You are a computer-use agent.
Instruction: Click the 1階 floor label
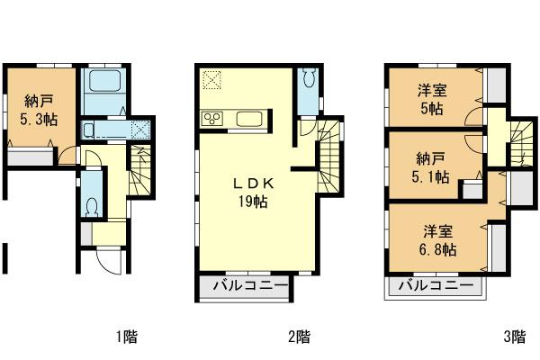click(x=126, y=337)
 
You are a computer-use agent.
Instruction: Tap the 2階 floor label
click(x=299, y=337)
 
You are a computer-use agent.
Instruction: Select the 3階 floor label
click(x=514, y=337)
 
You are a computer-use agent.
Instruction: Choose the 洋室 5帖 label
click(x=430, y=100)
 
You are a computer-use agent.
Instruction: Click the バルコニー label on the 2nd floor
click(x=250, y=287)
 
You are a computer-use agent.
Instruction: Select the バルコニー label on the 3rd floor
click(x=436, y=287)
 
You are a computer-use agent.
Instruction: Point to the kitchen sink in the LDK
click(x=248, y=118)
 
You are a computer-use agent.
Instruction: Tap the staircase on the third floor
click(x=519, y=145)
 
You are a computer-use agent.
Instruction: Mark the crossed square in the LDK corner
click(x=212, y=79)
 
